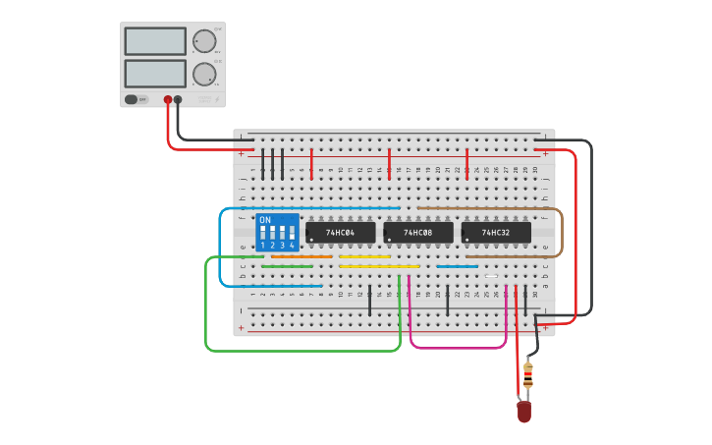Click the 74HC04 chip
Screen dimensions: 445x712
[340, 232]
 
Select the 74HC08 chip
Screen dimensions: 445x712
[418, 232]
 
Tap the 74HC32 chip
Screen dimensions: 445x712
[496, 232]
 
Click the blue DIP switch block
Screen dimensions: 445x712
[277, 233]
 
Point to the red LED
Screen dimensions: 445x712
[524, 411]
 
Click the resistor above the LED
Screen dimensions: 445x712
[527, 375]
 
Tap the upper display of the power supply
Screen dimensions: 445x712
[155, 41]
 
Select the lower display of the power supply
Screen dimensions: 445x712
[155, 74]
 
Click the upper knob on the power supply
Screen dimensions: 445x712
[203, 41]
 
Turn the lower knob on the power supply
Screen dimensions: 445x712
[203, 74]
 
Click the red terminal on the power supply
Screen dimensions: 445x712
[168, 99]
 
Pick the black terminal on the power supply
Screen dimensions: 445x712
[178, 99]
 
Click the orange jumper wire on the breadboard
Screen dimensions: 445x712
[301, 256]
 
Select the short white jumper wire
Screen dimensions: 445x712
[491, 276]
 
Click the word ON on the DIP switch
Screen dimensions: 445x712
[264, 220]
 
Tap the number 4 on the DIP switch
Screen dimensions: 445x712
[292, 246]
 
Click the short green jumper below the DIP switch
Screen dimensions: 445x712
[287, 266]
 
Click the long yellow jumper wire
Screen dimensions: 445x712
[379, 266]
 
